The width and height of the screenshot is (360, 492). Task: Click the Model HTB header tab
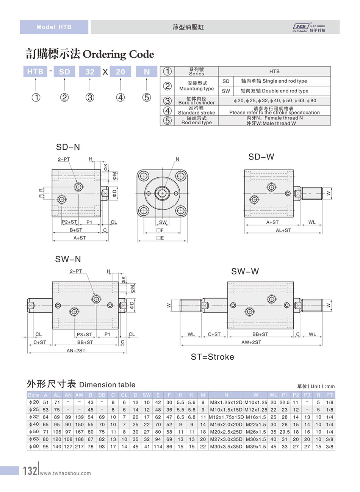[x=54, y=27]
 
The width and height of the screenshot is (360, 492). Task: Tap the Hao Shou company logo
[x=309, y=28]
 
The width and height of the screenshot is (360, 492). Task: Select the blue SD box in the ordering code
[x=64, y=72]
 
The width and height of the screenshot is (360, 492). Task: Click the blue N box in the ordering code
[x=147, y=72]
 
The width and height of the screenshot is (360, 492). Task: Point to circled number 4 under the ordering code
[x=121, y=97]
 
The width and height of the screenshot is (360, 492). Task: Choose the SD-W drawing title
[x=261, y=157]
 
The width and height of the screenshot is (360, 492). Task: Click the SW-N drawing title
[x=68, y=259]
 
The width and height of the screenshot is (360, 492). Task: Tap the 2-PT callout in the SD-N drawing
[x=64, y=159]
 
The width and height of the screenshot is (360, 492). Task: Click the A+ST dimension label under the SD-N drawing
[x=80, y=238]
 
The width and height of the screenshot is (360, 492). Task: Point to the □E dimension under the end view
[x=160, y=238]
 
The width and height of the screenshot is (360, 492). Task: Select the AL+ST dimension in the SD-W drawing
[x=283, y=230]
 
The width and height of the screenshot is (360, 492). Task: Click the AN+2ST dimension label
[x=76, y=351]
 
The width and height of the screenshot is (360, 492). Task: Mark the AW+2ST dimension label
[x=251, y=342]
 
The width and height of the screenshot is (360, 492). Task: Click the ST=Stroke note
[x=212, y=357]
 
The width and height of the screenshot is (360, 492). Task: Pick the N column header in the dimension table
[x=226, y=395]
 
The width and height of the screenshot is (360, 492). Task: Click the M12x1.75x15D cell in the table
[x=226, y=417]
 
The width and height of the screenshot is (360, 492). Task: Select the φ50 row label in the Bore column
[x=34, y=432]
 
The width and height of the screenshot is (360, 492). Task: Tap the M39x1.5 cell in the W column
[x=256, y=447]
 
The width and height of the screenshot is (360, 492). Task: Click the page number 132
[x=30, y=471]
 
